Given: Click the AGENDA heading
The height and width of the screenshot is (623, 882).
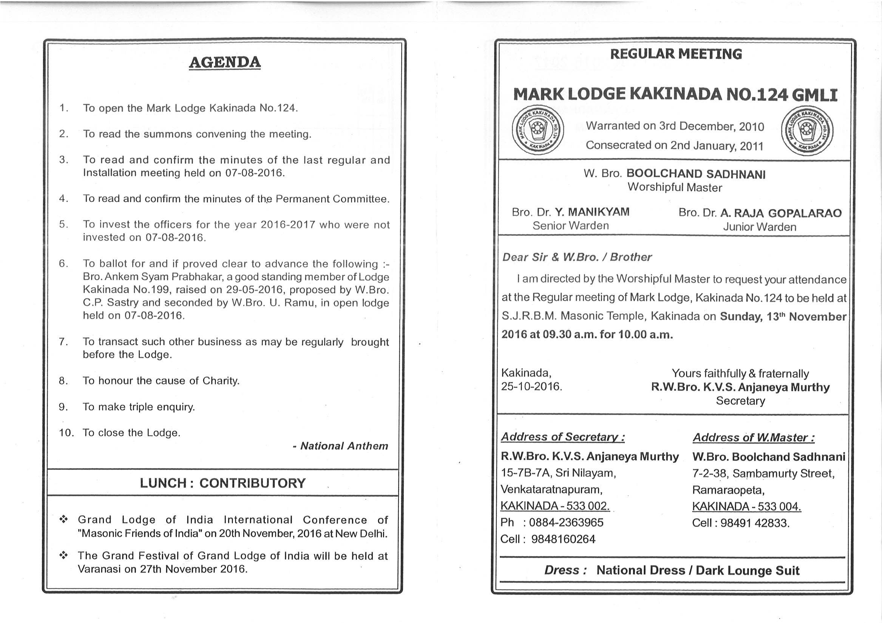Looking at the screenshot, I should [x=225, y=62].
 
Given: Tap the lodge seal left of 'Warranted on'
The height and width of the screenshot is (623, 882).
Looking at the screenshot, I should [x=538, y=130].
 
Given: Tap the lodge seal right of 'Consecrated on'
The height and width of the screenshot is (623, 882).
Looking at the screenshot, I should [x=808, y=131].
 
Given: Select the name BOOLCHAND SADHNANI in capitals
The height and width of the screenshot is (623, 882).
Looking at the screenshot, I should [x=696, y=174].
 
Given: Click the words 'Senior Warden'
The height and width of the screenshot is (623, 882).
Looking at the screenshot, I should [x=570, y=226].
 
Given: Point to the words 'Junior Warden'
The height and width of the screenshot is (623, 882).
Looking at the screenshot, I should [x=760, y=227].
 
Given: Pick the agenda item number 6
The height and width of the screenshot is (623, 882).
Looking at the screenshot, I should [x=63, y=264].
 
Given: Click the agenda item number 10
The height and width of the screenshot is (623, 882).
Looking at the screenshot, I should [x=66, y=432].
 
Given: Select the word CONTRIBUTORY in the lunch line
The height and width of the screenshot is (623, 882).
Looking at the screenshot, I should [x=252, y=483].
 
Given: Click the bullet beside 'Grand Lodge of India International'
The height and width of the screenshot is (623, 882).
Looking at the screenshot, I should [x=63, y=520].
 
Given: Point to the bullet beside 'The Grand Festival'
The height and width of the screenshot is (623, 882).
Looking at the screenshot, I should [x=63, y=555].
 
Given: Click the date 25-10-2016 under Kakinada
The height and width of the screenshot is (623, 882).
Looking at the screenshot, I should [x=531, y=386].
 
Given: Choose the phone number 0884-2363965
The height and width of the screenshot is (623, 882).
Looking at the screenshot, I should [x=566, y=522].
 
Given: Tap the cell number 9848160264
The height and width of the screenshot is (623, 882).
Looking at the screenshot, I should [x=563, y=539].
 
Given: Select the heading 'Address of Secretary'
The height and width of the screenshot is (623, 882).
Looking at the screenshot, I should [x=562, y=437].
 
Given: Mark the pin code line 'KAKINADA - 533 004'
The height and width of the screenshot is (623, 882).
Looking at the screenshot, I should [x=746, y=507].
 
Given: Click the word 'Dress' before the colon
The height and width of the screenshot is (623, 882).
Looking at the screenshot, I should [x=561, y=571].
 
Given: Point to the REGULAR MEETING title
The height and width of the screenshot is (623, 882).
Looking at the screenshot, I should [x=676, y=54].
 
